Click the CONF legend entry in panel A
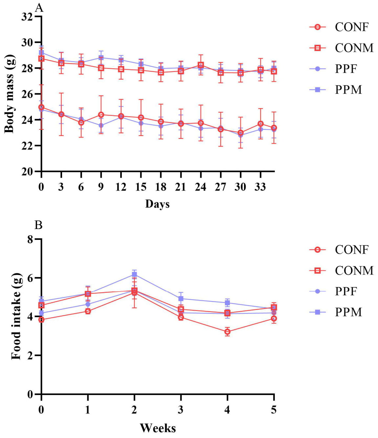(339, 27)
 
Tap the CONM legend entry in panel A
(341, 48)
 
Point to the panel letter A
(39, 8)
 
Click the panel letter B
(38, 225)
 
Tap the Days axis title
(157, 204)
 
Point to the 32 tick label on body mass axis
(27, 16)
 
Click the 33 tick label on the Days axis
(260, 187)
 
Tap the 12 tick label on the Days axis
(121, 187)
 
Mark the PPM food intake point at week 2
(134, 275)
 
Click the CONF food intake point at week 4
(228, 332)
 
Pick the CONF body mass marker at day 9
(101, 115)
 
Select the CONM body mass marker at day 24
(201, 65)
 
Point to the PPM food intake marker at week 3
(181, 299)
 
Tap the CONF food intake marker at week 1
(88, 311)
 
